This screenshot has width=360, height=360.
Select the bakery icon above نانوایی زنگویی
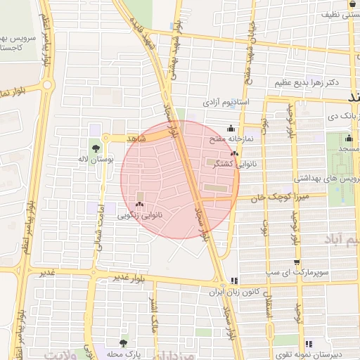click(139, 205)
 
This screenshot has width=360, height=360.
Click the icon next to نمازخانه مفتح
click(231, 129)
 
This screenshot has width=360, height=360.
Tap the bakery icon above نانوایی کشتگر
click(234, 153)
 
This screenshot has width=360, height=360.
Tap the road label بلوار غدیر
click(130, 276)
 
